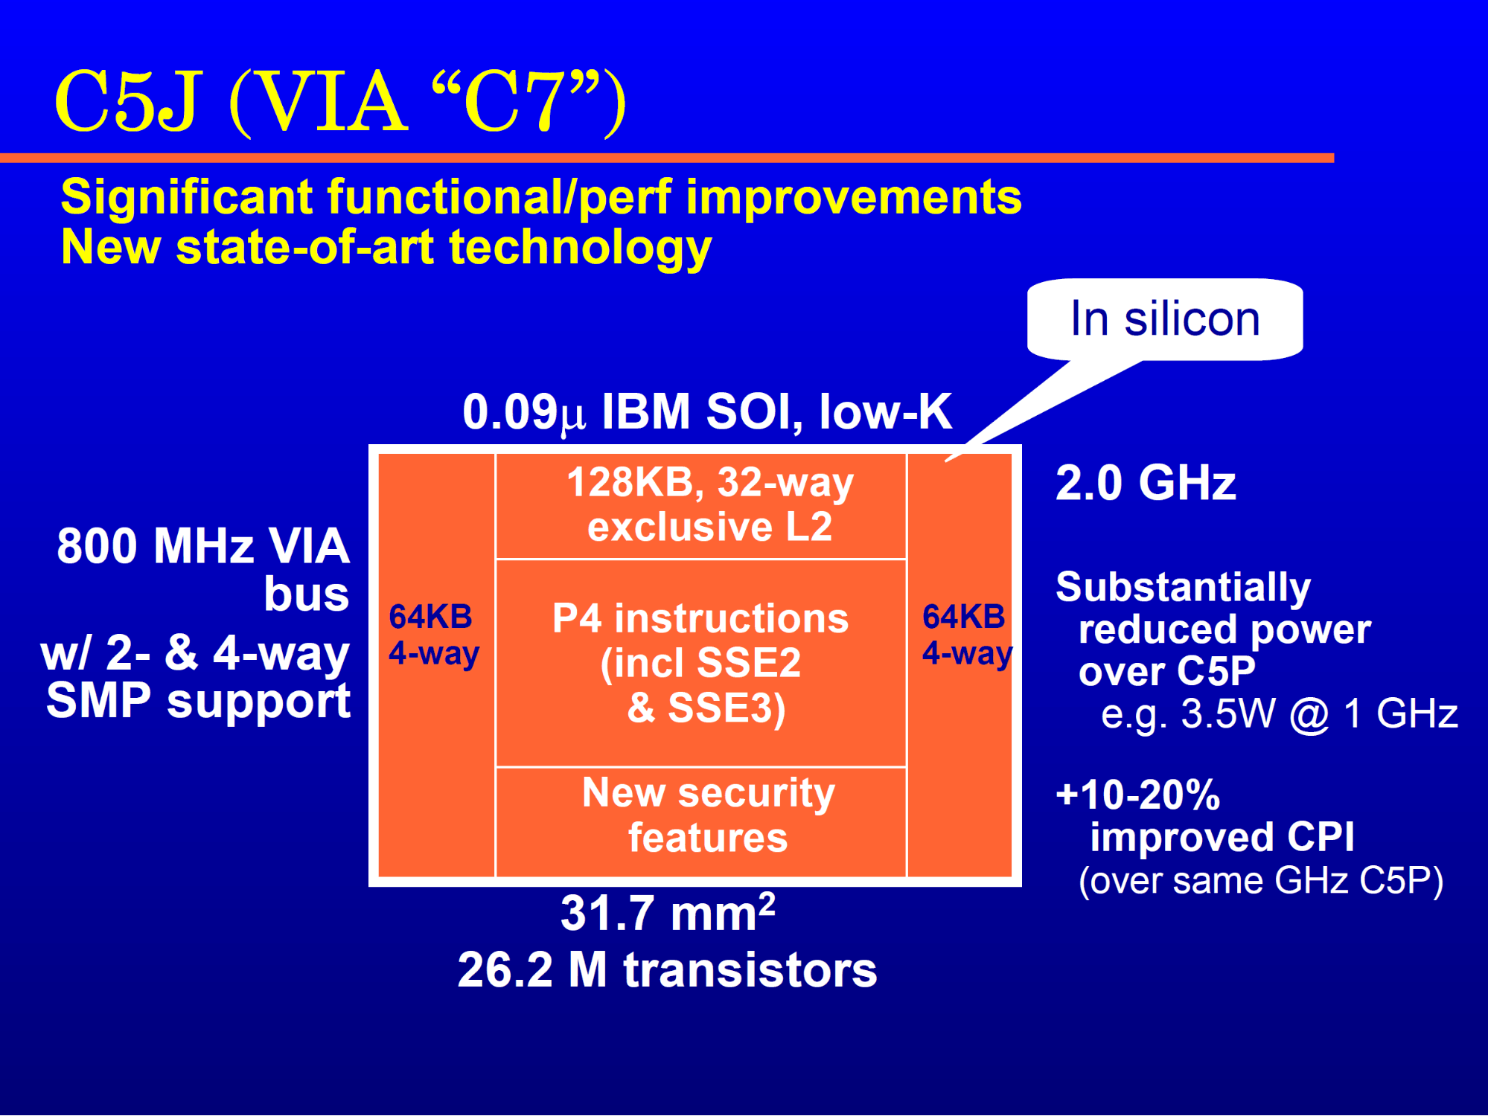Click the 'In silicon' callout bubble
tap(1165, 320)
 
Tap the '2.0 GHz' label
tap(1146, 483)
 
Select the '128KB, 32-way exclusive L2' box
tap(701, 506)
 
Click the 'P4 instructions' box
tap(701, 663)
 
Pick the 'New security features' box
tap(701, 822)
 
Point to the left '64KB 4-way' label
tap(434, 635)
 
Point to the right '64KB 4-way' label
tap(967, 635)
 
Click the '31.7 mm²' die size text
tap(668, 912)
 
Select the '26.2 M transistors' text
tap(667, 969)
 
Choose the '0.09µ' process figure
tap(523, 411)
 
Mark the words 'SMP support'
tap(198, 701)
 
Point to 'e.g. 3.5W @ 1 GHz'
tap(1279, 714)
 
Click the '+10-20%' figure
tap(1138, 795)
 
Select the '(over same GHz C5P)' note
tap(1261, 881)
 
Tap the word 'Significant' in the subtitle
tap(187, 197)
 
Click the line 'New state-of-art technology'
tap(386, 247)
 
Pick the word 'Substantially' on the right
tap(1184, 587)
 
